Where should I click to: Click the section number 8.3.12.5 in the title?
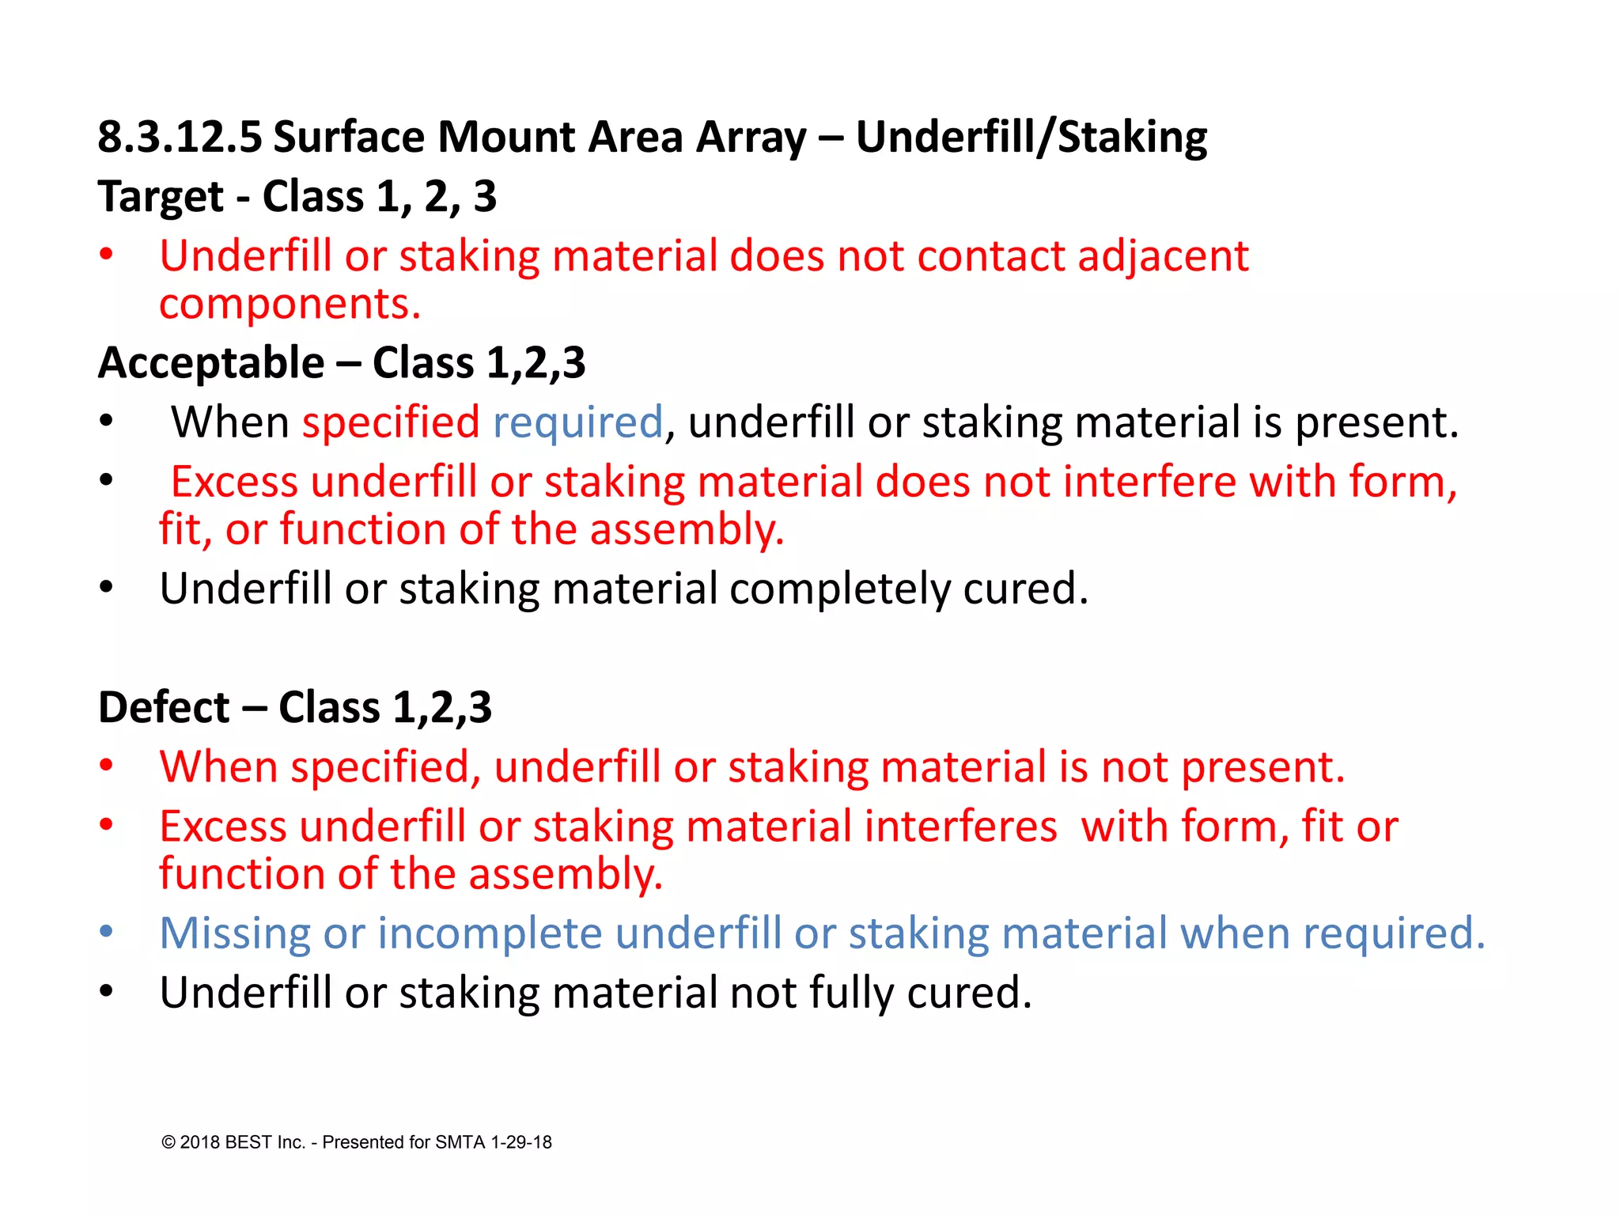tap(180, 137)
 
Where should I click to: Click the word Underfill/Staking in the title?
tap(1031, 137)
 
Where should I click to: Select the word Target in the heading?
tap(161, 196)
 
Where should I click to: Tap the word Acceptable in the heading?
tap(211, 363)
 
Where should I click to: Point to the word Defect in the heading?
tap(164, 706)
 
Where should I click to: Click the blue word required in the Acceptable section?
tap(577, 422)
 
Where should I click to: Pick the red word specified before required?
tap(391, 422)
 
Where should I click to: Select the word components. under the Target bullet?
tap(290, 304)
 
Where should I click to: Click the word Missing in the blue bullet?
tap(235, 933)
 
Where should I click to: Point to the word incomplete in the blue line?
tap(490, 933)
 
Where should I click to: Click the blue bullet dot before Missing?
tap(107, 932)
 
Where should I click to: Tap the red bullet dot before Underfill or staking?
tap(107, 255)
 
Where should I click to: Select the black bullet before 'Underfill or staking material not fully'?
tap(107, 991)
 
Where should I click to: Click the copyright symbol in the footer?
tap(168, 1142)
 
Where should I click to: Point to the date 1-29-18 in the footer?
tap(521, 1142)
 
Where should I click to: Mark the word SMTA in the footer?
tap(460, 1142)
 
